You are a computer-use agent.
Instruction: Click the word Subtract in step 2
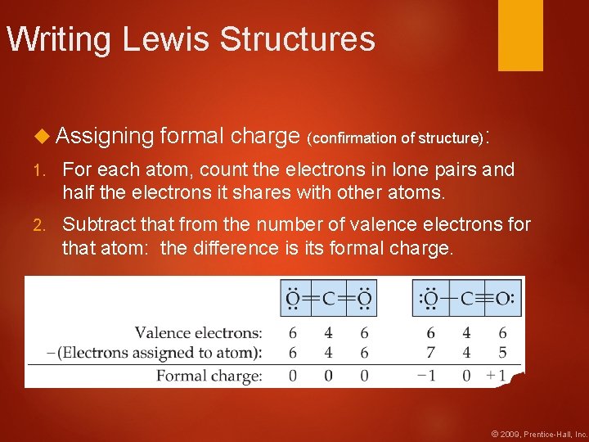click(97, 224)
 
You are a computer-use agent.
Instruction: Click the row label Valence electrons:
click(199, 333)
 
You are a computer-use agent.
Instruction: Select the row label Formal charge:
click(209, 376)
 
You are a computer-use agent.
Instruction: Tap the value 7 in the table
click(430, 354)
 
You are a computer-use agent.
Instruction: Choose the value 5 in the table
click(502, 354)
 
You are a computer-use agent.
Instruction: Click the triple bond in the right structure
click(485, 298)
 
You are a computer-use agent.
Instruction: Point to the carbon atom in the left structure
click(328, 298)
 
